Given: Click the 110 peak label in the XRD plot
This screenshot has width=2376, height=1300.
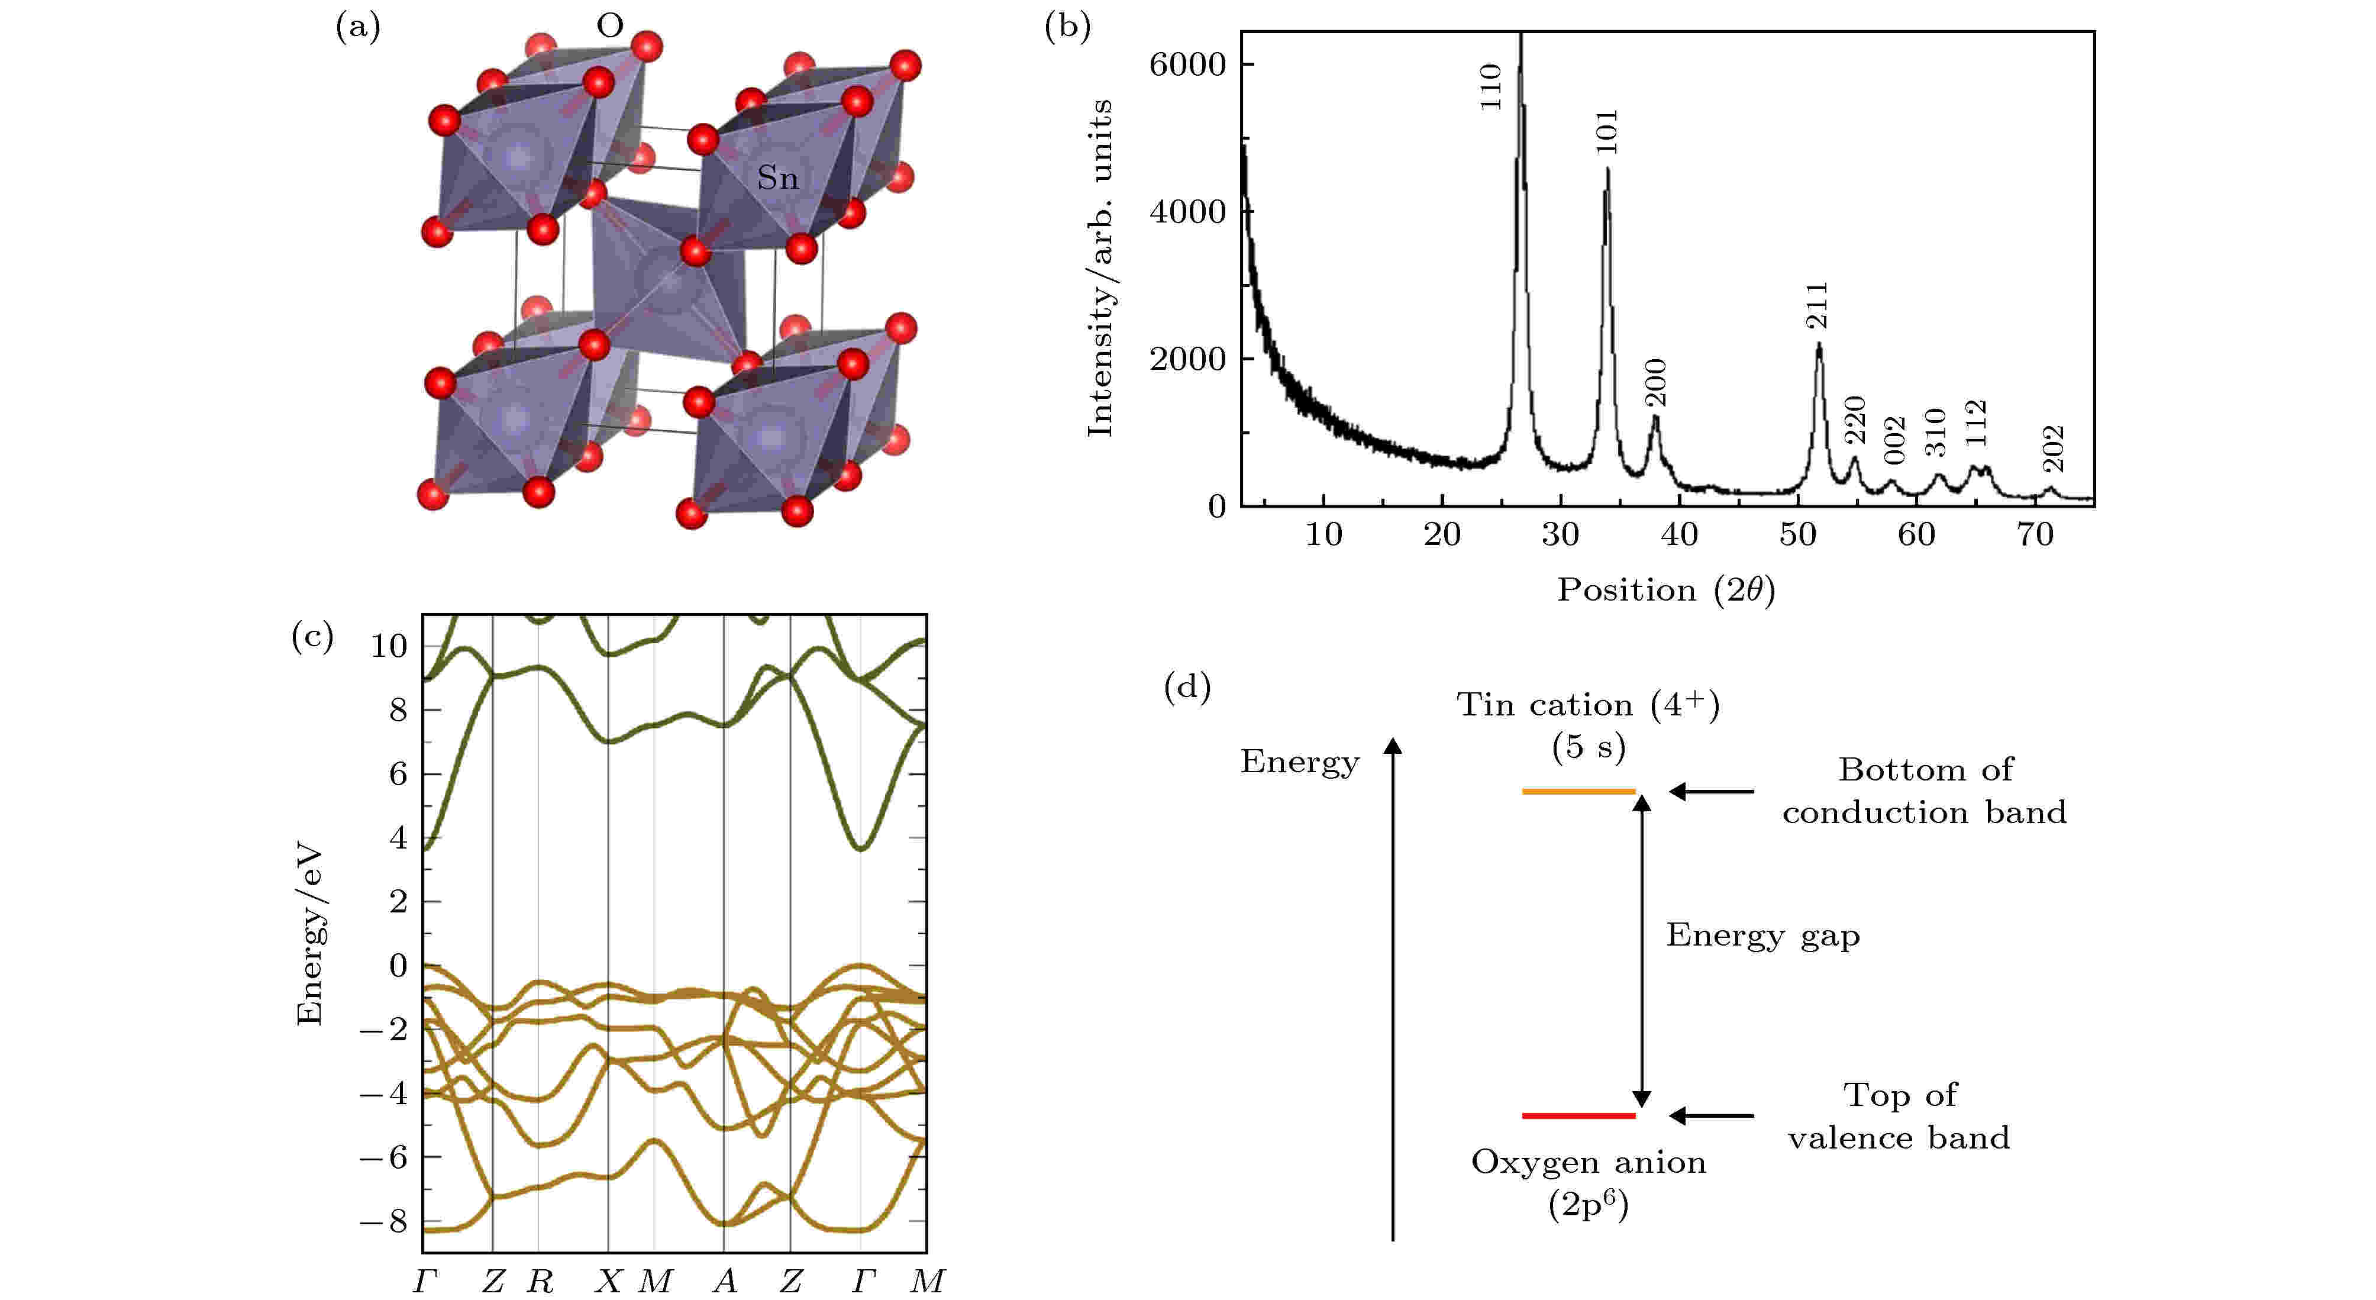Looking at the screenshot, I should pyautogui.click(x=1490, y=87).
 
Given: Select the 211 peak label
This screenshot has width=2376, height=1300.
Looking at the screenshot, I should pyautogui.click(x=1816, y=307).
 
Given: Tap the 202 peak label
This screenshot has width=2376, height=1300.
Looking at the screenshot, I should pyautogui.click(x=2053, y=449).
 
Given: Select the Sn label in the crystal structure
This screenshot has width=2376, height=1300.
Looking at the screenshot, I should pyautogui.click(x=777, y=177).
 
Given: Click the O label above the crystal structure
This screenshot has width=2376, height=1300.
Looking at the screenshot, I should pyautogui.click(x=610, y=26).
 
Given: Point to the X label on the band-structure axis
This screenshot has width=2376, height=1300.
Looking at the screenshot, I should pyautogui.click(x=608, y=1280).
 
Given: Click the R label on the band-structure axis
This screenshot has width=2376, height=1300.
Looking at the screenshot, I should pyautogui.click(x=540, y=1280).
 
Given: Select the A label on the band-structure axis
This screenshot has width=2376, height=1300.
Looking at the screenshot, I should pyautogui.click(x=725, y=1280).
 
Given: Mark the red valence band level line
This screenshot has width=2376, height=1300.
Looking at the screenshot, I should pyautogui.click(x=1578, y=1115).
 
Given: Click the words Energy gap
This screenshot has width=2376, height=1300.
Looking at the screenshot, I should pyautogui.click(x=1762, y=936).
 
